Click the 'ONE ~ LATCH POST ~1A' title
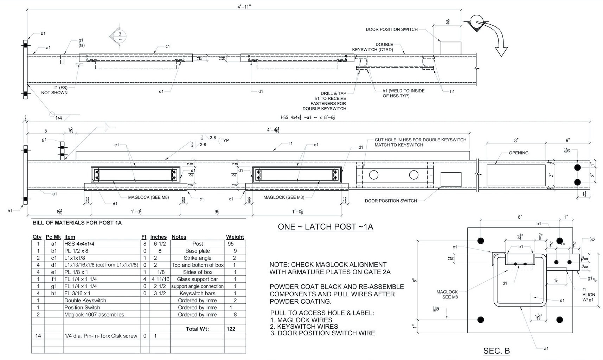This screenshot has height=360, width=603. (325, 227)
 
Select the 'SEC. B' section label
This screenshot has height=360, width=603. (496, 351)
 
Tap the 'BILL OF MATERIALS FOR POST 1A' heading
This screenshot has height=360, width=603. (77, 223)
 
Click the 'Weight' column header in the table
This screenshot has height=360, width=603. (235, 237)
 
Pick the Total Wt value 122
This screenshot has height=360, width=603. (231, 329)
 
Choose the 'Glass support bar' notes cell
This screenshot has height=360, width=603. (197, 279)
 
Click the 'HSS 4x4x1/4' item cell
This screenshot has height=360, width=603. (79, 244)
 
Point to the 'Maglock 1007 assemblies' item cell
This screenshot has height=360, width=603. (94, 315)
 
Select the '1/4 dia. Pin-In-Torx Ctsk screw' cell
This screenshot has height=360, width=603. (101, 336)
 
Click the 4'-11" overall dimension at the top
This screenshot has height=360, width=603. (244, 7)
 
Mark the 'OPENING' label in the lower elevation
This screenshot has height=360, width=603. (518, 153)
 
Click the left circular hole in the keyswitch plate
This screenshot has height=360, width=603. (373, 175)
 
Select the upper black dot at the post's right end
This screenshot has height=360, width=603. (577, 167)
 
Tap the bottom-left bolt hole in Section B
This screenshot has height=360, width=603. (481, 320)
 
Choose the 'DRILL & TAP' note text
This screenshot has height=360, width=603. (333, 94)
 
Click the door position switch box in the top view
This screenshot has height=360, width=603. (451, 49)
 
